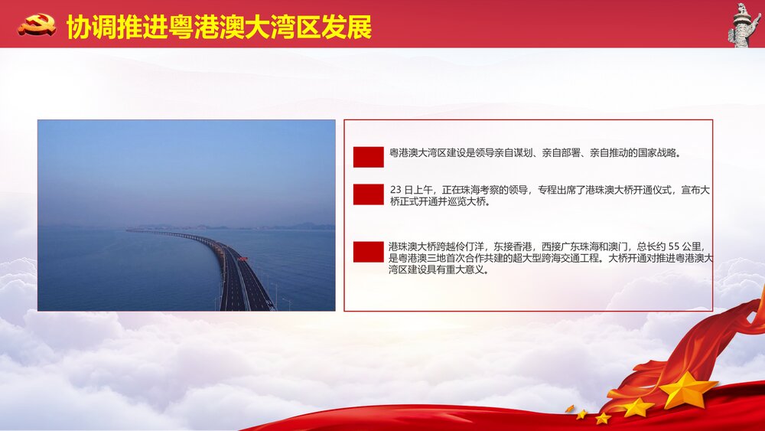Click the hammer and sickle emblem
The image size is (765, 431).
[x=37, y=25]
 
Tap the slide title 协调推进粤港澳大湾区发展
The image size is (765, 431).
[x=219, y=27]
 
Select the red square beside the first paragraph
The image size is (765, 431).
[x=368, y=157]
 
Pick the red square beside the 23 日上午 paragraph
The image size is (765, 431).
[x=368, y=194]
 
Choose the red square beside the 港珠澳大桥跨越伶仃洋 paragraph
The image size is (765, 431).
[x=368, y=252]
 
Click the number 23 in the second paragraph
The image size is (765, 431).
[x=396, y=190]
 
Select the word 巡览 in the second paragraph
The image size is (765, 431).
[x=456, y=202]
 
